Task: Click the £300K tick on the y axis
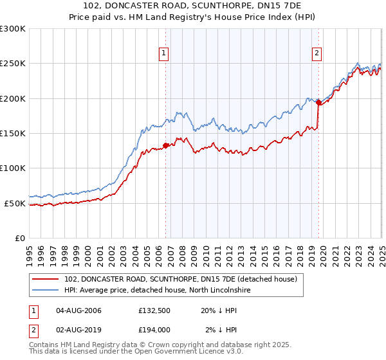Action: click(x=13, y=29)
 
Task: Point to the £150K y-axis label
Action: click(x=13, y=134)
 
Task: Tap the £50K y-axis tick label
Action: click(x=15, y=203)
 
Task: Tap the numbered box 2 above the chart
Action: click(x=318, y=54)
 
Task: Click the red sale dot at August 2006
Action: click(x=165, y=145)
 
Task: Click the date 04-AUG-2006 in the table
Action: click(x=79, y=310)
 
